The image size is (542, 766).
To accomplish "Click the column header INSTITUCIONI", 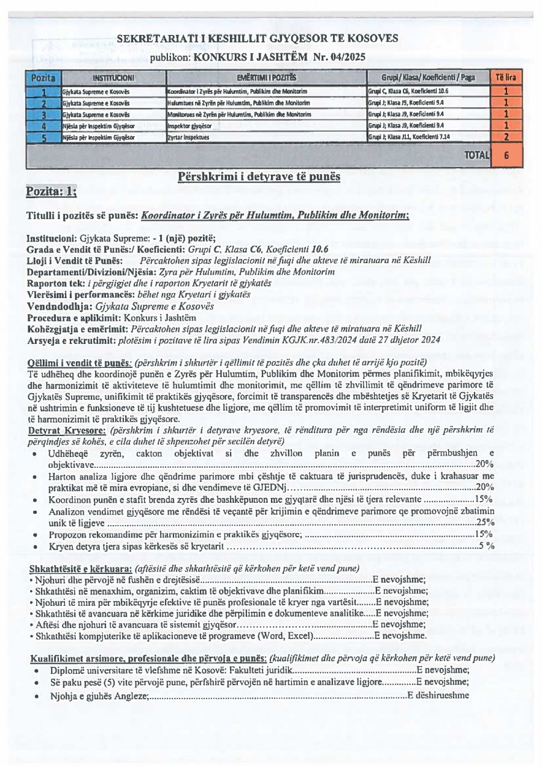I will pos(113,78).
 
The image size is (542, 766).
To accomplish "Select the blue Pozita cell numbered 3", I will pos(43,114).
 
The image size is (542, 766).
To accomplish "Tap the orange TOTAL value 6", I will pos(506,155).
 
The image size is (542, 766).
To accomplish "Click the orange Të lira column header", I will pos(506,78).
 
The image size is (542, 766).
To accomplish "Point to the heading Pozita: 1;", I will pos(51,192).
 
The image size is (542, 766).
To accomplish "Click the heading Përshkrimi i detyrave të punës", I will pos(259,176).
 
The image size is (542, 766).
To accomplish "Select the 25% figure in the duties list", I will pos(485,523).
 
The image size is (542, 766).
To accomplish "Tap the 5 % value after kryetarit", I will pos(487,546).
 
